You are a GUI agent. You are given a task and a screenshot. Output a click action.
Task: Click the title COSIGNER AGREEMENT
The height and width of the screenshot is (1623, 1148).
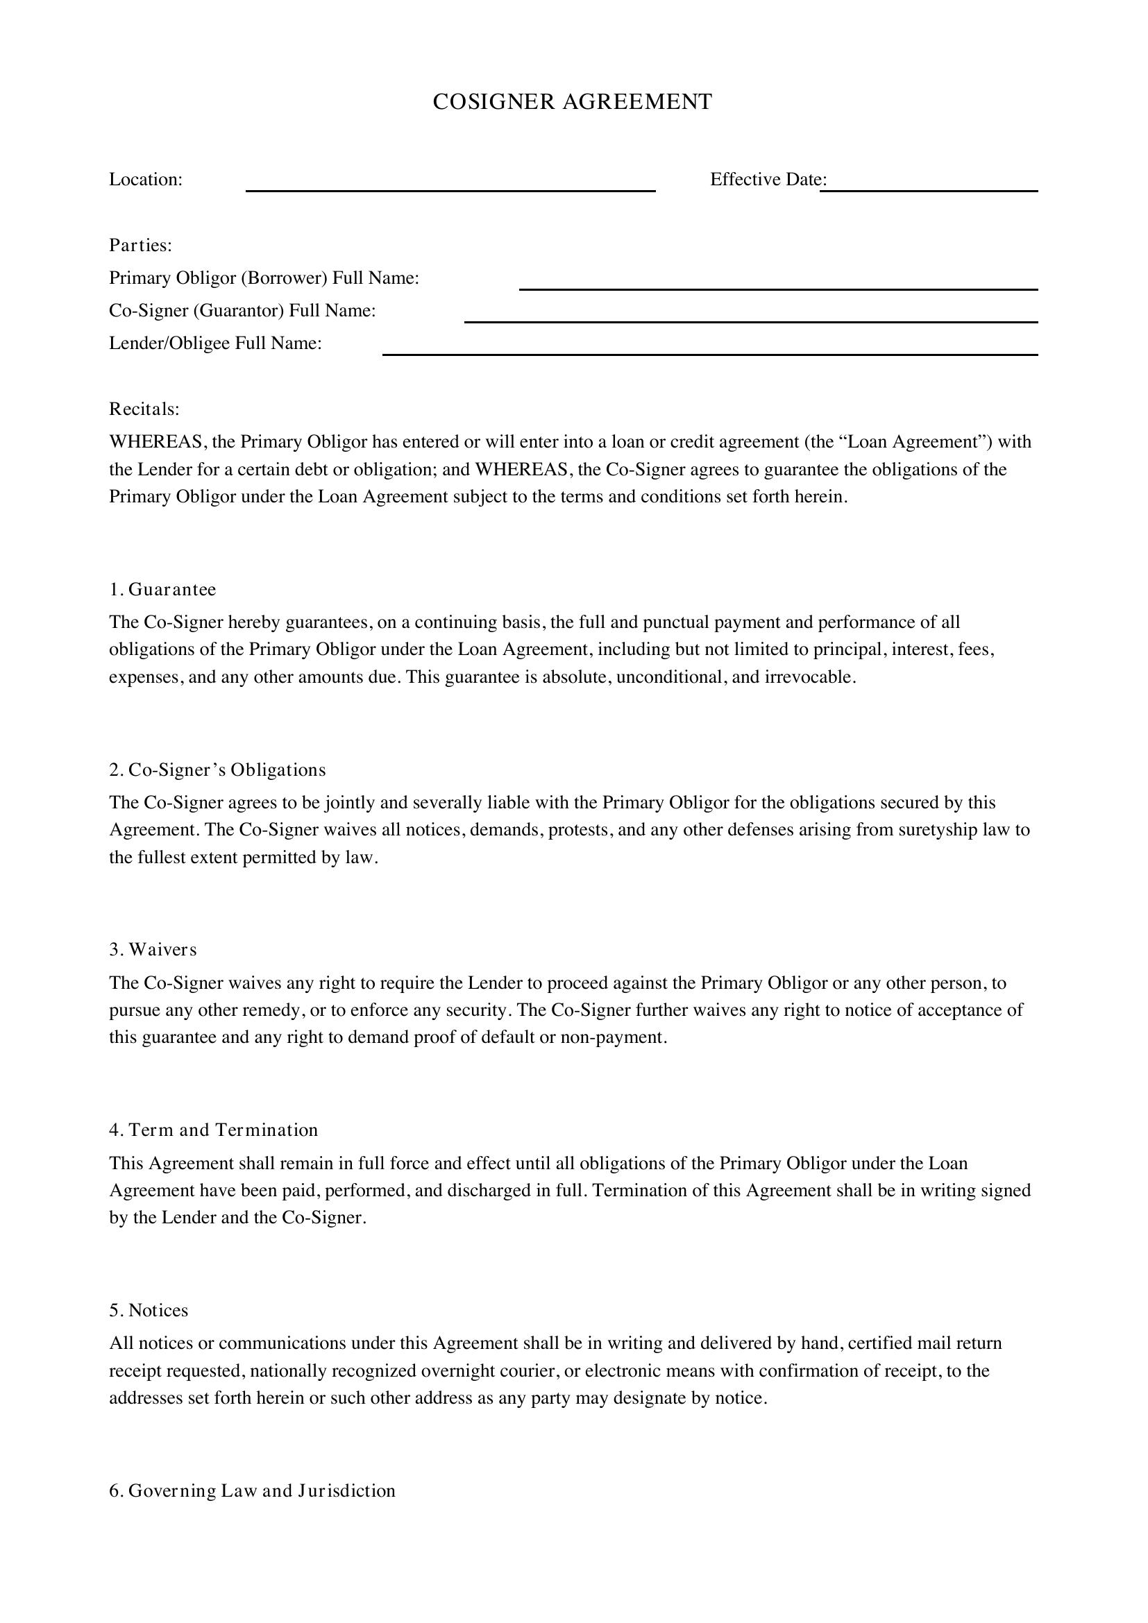click(x=572, y=102)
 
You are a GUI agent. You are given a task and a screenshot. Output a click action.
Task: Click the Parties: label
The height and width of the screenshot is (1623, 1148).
click(x=141, y=245)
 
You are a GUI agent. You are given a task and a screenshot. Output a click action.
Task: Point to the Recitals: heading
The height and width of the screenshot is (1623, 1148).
click(x=144, y=409)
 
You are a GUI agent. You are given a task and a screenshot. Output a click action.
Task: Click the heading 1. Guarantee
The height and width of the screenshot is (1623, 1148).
click(x=162, y=590)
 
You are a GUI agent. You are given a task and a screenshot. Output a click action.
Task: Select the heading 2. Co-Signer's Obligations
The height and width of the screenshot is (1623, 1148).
click(x=218, y=770)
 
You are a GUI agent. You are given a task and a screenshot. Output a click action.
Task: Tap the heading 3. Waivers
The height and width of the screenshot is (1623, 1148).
click(x=153, y=950)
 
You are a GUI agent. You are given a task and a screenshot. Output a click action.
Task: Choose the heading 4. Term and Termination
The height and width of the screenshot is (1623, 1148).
click(x=214, y=1130)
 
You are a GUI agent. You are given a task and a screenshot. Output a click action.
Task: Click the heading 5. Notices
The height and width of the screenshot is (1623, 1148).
click(x=149, y=1311)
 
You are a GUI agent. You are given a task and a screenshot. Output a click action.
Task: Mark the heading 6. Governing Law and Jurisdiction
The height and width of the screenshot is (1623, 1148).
click(x=253, y=1490)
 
